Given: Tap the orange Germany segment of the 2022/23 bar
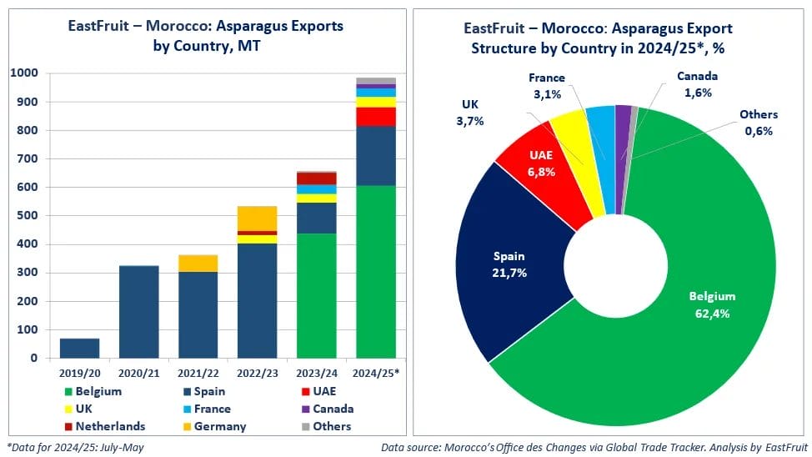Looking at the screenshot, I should [258, 218].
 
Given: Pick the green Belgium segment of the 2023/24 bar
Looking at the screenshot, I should [317, 295].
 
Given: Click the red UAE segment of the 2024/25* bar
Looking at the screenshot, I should [376, 116].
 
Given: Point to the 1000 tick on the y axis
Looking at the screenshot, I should [24, 73].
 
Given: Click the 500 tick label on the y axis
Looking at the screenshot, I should [28, 216].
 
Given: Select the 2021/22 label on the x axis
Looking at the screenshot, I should [198, 372].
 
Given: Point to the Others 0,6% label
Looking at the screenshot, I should [758, 122].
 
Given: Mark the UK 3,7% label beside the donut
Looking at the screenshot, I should [470, 113].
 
